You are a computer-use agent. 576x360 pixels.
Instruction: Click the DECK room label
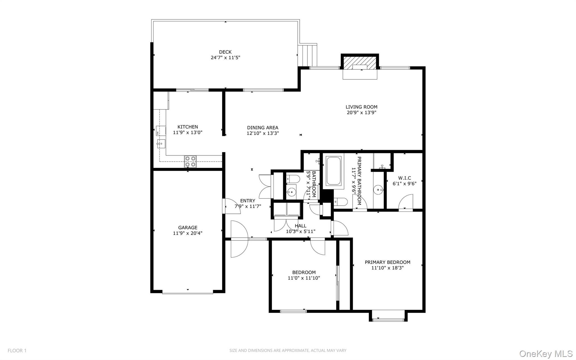tap(225, 52)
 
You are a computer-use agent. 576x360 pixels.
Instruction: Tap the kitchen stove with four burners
tap(190, 162)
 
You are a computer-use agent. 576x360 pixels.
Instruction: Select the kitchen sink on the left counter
tap(161, 144)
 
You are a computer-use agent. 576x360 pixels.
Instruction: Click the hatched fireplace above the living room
tap(360, 62)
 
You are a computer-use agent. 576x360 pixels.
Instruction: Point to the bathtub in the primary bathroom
tap(334, 171)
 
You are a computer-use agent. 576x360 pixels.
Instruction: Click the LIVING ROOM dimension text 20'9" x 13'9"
tap(361, 113)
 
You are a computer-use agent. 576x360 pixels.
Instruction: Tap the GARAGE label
tap(188, 227)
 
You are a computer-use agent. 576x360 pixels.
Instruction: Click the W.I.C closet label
tap(404, 178)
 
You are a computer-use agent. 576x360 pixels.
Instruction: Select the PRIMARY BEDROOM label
tap(387, 262)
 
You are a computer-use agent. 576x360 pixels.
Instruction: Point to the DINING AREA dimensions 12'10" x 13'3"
tap(263, 133)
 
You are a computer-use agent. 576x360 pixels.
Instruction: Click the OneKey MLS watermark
tap(546, 354)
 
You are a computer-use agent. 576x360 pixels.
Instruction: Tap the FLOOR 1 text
tap(17, 351)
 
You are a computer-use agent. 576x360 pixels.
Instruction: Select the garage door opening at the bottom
tap(188, 293)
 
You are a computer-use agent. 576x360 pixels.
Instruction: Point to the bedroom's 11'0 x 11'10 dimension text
tap(304, 278)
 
